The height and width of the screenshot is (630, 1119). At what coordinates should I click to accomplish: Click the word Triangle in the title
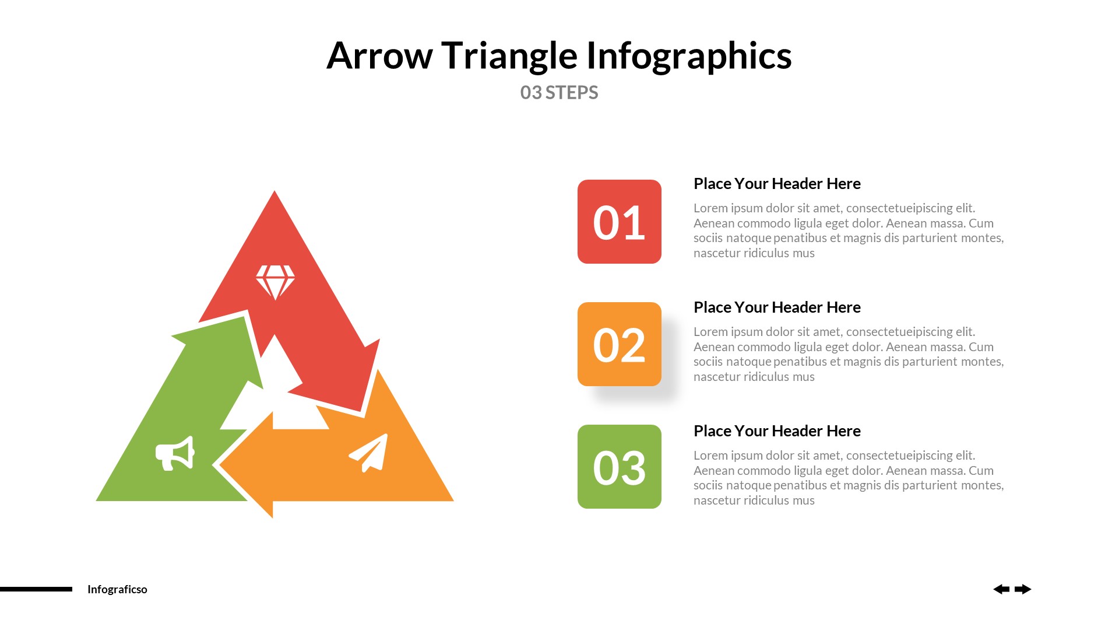click(509, 56)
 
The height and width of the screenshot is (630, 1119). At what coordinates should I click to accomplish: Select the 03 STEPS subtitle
click(559, 93)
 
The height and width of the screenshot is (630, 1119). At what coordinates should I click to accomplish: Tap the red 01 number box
click(619, 222)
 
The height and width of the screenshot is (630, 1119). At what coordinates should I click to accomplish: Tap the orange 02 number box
click(619, 344)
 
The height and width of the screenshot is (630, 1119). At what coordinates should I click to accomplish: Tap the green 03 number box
click(619, 467)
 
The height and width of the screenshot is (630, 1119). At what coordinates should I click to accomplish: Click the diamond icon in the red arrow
click(275, 282)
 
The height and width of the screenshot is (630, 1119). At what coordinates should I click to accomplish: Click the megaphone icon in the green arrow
click(175, 453)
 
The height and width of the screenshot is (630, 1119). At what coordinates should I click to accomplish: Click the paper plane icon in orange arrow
click(369, 453)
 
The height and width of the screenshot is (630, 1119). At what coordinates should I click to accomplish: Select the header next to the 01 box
click(776, 184)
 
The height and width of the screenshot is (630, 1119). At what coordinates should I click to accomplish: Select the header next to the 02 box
click(776, 307)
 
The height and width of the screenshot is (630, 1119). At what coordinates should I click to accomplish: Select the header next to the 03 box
click(776, 431)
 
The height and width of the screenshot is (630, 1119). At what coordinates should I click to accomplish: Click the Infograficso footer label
click(117, 589)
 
